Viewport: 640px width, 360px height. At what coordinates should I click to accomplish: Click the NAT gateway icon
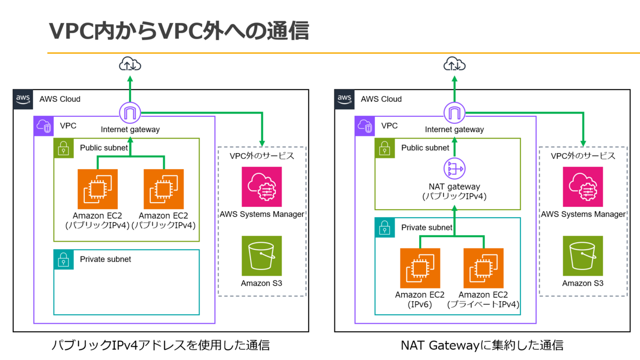click(x=454, y=169)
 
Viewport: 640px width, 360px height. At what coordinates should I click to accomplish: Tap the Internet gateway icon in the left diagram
click(x=130, y=113)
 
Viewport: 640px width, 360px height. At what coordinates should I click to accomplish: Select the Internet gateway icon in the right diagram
click(x=454, y=113)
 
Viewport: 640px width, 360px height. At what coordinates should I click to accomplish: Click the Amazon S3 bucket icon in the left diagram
click(x=262, y=255)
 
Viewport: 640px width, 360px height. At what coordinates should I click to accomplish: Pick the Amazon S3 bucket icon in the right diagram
click(x=583, y=255)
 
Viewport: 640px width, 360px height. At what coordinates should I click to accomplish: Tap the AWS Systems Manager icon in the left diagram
click(x=262, y=187)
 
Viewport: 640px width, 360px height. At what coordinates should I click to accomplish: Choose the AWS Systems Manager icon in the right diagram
click(x=583, y=187)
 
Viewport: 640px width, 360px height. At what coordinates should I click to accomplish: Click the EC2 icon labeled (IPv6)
click(x=420, y=268)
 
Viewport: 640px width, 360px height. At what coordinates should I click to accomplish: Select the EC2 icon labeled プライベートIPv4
click(x=483, y=268)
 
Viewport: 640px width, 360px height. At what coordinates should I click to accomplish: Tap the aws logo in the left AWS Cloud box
click(x=23, y=99)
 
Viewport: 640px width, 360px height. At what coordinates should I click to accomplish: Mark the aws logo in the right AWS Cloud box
click(x=345, y=99)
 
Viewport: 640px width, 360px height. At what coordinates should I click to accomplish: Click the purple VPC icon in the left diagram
click(x=44, y=126)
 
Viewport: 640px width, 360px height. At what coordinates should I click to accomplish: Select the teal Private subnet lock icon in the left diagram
click(x=63, y=260)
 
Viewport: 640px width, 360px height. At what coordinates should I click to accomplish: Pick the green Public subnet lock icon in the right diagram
click(x=385, y=148)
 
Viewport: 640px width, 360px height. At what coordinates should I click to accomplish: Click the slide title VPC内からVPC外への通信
click(x=179, y=31)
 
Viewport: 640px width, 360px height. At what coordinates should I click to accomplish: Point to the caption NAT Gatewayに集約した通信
click(x=482, y=345)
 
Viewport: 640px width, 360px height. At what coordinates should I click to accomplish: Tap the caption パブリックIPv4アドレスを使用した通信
click(x=161, y=345)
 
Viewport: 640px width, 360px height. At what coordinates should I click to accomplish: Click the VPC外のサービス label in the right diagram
click(x=583, y=156)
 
